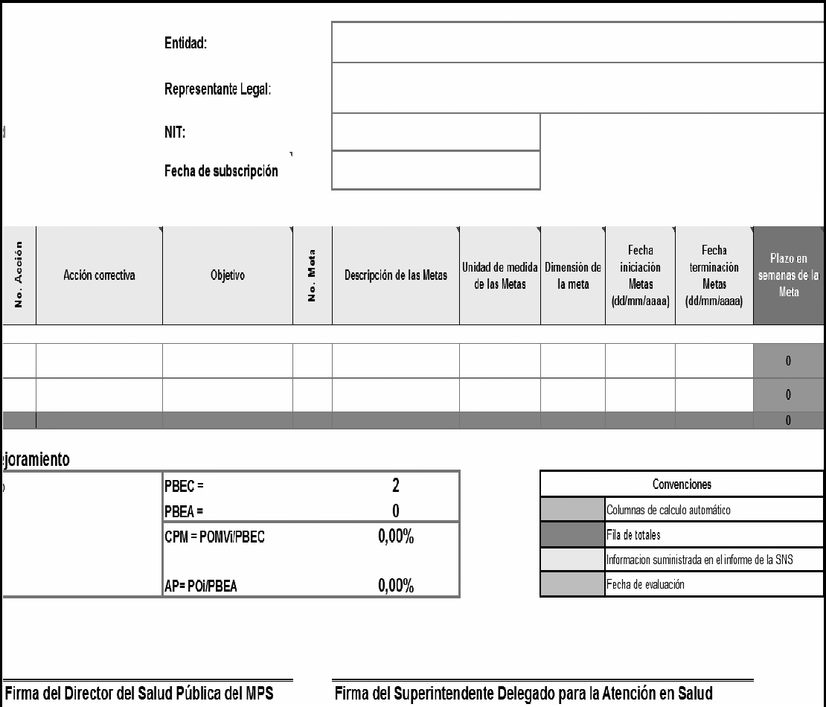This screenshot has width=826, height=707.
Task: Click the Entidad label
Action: [x=185, y=44]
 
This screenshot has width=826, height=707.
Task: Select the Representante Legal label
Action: [x=217, y=89]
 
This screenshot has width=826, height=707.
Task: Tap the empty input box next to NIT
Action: [x=435, y=132]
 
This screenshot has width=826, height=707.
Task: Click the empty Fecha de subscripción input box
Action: [x=435, y=170]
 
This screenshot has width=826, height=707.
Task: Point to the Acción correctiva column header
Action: [x=99, y=275]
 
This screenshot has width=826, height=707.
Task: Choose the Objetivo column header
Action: [x=228, y=275]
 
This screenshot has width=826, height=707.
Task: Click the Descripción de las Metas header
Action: [x=395, y=275]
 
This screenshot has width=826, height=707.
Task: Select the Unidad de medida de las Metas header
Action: [x=500, y=275]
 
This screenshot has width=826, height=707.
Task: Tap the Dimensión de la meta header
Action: [x=573, y=275]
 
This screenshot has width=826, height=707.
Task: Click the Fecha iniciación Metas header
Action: [x=640, y=275]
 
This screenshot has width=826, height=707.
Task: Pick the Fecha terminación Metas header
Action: [x=714, y=275]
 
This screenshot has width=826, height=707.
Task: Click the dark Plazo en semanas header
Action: [x=789, y=275]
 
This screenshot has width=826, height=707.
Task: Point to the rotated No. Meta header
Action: [x=313, y=275]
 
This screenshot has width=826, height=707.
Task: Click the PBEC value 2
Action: [x=396, y=486]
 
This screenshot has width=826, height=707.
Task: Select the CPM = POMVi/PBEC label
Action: [x=214, y=538]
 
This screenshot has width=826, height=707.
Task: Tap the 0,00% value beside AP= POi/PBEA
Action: [x=396, y=587]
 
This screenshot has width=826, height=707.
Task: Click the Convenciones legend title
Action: [x=681, y=484]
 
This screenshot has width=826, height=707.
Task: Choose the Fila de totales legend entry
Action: [x=635, y=534]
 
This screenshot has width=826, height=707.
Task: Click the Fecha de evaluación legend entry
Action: [x=645, y=584]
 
